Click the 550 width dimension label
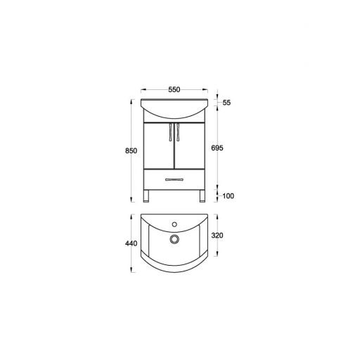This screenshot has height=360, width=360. (x=174, y=89)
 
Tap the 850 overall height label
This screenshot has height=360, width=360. (x=131, y=150)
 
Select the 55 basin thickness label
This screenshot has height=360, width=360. (x=226, y=103)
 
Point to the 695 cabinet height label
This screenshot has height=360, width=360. (x=217, y=148)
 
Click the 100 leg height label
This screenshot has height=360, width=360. (x=228, y=195)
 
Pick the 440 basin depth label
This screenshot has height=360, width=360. (x=131, y=244)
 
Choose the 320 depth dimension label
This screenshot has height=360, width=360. (x=217, y=236)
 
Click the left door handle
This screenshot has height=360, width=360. (x=170, y=132)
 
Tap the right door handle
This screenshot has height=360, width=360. (x=178, y=132)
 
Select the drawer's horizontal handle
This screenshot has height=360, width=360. (x=174, y=180)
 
